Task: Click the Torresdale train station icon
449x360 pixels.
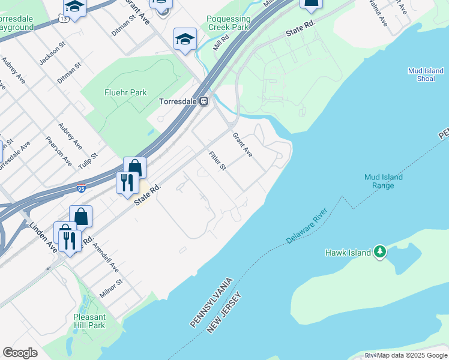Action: click(x=204, y=101)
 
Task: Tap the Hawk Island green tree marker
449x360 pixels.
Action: click(x=379, y=252)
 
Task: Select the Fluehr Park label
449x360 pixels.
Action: click(x=125, y=93)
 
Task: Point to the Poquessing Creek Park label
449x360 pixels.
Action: click(x=228, y=23)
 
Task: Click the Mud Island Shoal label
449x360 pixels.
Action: click(x=426, y=74)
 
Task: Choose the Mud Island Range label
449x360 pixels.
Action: click(x=383, y=181)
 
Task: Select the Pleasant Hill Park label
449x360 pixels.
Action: click(x=89, y=321)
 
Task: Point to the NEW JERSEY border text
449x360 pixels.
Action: click(x=225, y=313)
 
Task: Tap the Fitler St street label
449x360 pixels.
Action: click(x=217, y=160)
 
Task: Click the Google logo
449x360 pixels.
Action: click(x=20, y=353)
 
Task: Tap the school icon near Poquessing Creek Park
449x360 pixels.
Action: click(x=185, y=39)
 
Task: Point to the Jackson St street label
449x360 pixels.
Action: click(x=52, y=55)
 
